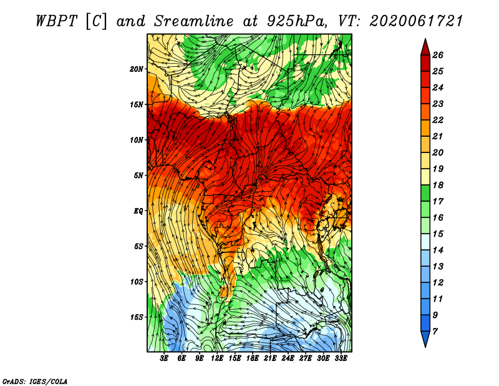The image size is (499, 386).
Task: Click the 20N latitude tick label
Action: tap(137, 69)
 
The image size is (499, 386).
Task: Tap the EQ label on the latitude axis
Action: tap(138, 211)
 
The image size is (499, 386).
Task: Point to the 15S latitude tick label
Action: tap(137, 317)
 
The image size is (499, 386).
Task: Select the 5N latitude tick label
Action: tap(138, 176)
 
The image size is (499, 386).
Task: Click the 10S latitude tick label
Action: tap(137, 282)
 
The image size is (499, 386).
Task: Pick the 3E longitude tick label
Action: tap(164, 359)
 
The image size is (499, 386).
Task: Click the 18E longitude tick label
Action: tap(253, 359)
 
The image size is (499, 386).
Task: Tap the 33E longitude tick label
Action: tap(341, 359)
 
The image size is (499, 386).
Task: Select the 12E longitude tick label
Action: tap(217, 359)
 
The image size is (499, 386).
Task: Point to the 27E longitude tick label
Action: tap(306, 359)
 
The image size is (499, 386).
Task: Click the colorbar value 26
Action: tap(438, 55)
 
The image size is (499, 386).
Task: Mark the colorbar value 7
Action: tap(435, 332)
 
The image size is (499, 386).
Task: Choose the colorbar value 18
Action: tap(438, 185)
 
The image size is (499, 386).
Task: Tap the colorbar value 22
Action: tap(438, 120)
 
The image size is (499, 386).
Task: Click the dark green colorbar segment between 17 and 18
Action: tap(425, 193)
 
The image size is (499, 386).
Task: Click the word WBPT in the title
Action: tap(56, 21)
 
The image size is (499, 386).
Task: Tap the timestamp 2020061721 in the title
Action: tap(416, 21)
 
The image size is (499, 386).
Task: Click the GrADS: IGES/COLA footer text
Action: tap(35, 382)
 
